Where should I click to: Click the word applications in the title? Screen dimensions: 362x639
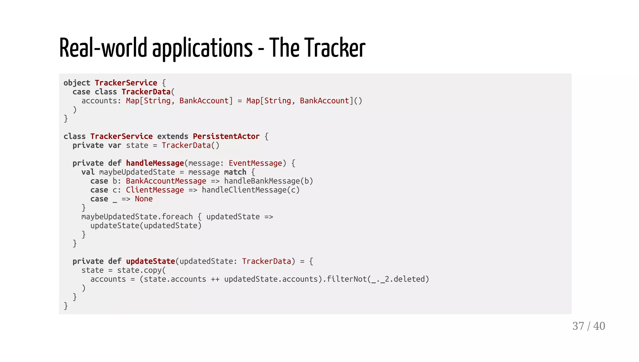point(202,48)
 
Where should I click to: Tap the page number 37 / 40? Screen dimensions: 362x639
point(588,326)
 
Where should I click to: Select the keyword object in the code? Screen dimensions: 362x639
point(77,83)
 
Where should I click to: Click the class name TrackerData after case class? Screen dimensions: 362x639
point(146,92)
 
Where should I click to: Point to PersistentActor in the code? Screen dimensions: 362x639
point(226,137)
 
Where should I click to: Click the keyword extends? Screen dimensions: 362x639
point(173,137)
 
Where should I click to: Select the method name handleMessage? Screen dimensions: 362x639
point(155,163)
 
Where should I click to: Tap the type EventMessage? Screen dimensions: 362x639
point(255,163)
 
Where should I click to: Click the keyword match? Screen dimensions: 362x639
point(235,172)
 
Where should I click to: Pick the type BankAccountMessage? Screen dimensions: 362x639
point(166,181)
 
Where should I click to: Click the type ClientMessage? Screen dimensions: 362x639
point(155,190)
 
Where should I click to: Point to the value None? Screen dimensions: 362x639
point(144,199)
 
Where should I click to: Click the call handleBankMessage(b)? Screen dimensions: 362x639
point(268,181)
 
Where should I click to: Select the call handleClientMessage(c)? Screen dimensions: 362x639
point(251,190)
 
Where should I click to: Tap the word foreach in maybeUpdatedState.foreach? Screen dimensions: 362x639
point(177,217)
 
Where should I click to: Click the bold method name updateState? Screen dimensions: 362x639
point(150,261)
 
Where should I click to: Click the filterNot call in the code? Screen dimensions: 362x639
point(346,279)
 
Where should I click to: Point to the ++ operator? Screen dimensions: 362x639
point(215,279)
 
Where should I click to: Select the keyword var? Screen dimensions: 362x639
point(115,146)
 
